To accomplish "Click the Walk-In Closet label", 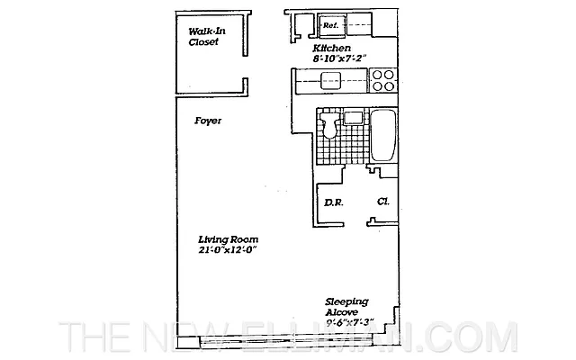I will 204,36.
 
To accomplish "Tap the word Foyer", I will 208,120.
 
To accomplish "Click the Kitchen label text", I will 330,48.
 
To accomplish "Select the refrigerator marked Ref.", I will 330,25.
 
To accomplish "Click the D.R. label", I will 333,202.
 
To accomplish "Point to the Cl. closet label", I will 382,202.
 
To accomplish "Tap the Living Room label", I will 229,239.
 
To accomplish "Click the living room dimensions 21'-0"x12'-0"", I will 229,251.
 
